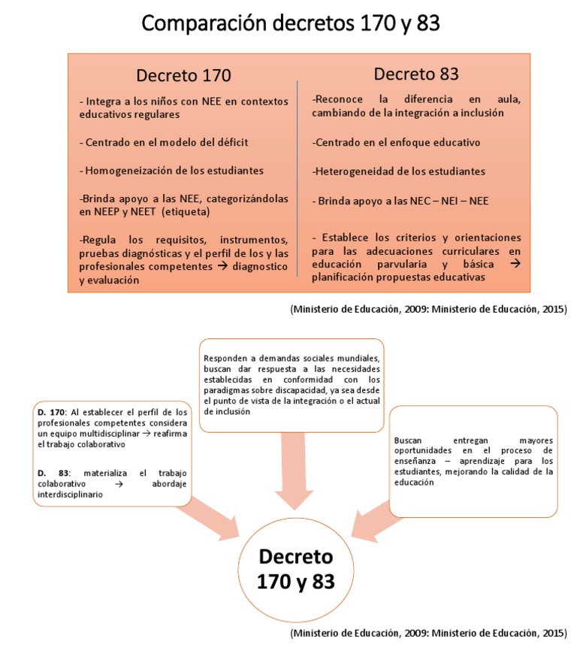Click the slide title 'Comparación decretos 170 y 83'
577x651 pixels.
290,24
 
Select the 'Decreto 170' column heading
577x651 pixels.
183,75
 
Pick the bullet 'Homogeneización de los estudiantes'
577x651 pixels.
170,171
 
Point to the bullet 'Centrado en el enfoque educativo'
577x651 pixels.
396,142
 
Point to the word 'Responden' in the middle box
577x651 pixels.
223,357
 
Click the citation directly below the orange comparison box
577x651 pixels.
428,308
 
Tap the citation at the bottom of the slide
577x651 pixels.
428,634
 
